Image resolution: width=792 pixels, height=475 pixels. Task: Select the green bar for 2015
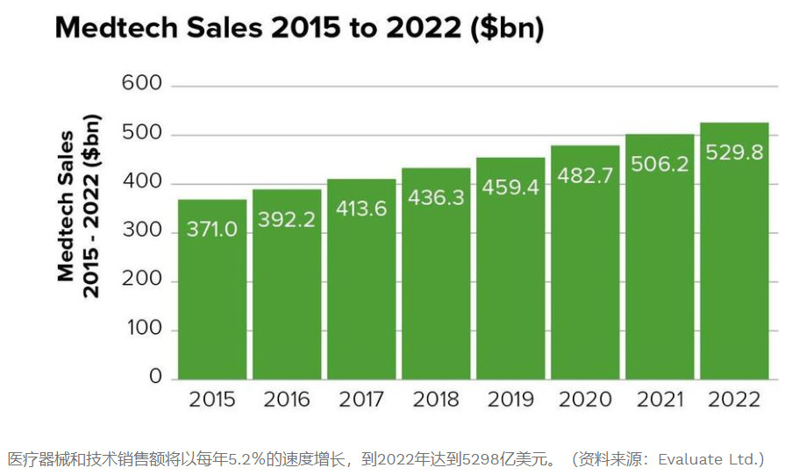(x=211, y=298)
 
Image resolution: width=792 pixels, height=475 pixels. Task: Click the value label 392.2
(x=287, y=220)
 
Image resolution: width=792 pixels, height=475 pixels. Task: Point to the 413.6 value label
(x=361, y=209)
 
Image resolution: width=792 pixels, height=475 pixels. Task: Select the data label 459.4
(x=510, y=188)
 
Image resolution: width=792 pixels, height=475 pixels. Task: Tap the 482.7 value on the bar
(x=584, y=175)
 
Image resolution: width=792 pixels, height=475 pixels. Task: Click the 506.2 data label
(x=659, y=164)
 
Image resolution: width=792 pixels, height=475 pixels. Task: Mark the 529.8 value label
(x=734, y=152)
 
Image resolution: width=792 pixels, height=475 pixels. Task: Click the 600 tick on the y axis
(x=142, y=84)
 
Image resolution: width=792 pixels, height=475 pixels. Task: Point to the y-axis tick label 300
(x=142, y=231)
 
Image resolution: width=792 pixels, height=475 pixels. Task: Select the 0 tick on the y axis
(x=155, y=377)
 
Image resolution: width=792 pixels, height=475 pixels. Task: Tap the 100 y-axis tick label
(x=143, y=329)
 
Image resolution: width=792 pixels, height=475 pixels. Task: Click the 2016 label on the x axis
(x=287, y=401)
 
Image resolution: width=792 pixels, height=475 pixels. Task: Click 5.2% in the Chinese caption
(x=236, y=459)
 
